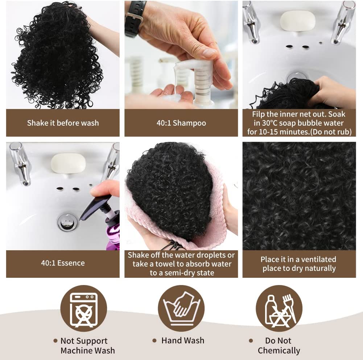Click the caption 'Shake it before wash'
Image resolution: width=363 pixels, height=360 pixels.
pos(63,123)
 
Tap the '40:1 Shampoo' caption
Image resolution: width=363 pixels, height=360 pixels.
pos(181,123)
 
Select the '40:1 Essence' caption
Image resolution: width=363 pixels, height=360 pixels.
pos(63,263)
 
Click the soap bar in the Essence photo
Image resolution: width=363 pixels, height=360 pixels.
pos(68,163)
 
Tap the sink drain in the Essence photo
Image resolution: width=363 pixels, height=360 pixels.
pos(67,222)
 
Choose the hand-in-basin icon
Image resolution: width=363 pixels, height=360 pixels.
pos(181,308)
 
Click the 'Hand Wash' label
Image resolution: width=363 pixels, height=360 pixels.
pos(183,340)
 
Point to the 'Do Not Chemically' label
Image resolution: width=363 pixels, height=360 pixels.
pos(279,346)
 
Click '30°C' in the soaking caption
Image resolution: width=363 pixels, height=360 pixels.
pos(269,123)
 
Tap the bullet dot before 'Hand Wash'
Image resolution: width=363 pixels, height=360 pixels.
pos(154,340)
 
